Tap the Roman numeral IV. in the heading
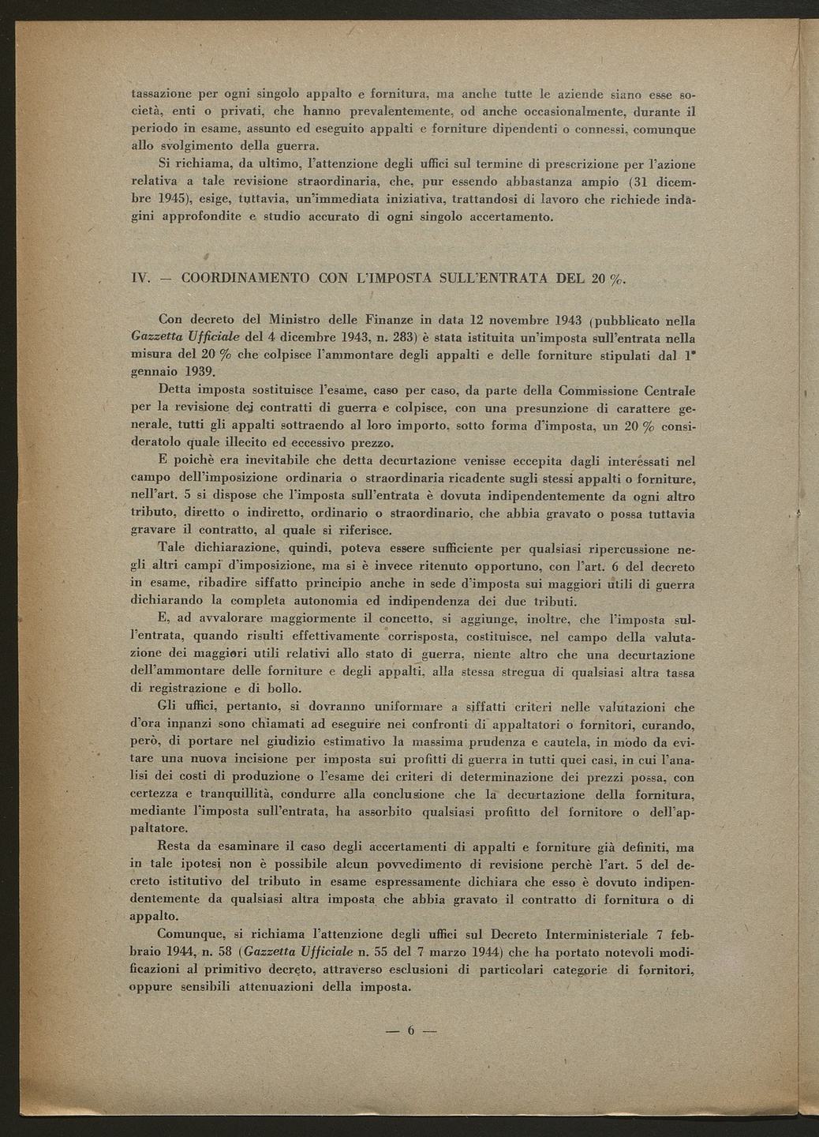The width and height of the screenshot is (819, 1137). (x=140, y=278)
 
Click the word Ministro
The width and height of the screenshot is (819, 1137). (x=297, y=320)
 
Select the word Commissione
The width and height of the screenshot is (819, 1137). (x=599, y=390)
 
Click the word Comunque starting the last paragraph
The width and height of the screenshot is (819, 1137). (x=193, y=934)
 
